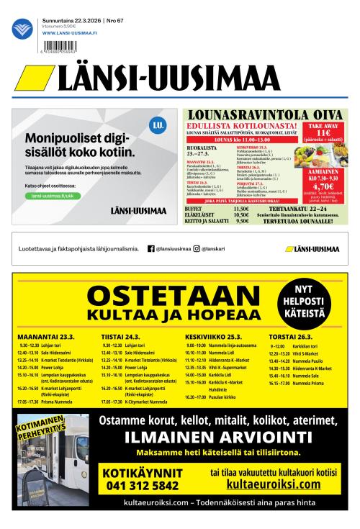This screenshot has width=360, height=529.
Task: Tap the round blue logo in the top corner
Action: tap(24, 29)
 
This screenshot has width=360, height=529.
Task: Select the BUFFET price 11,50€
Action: tap(241, 209)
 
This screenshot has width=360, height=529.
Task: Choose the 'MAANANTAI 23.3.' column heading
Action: tap(47, 335)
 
